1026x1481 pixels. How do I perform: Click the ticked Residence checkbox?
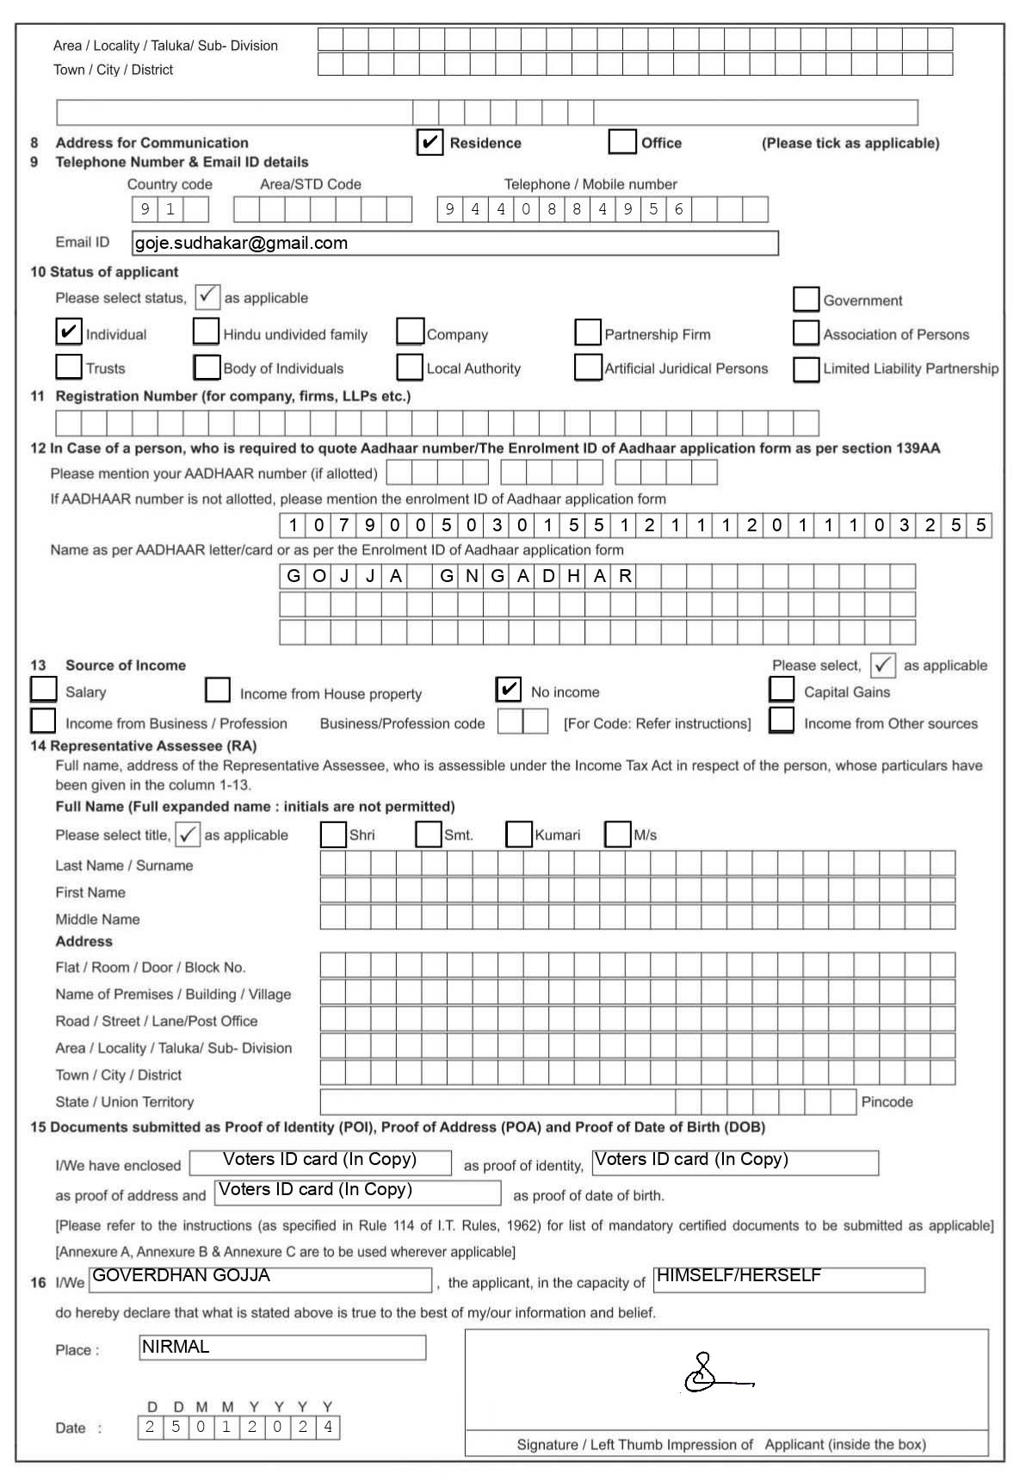[430, 142]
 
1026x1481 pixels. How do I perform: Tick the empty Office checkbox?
[621, 141]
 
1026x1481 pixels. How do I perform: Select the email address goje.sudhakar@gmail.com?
[241, 243]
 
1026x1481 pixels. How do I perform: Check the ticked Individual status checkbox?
[68, 332]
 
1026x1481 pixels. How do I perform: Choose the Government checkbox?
[806, 299]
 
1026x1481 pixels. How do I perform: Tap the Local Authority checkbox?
[410, 367]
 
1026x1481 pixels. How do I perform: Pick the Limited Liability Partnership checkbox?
[806, 369]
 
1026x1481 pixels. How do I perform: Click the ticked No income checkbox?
[509, 689]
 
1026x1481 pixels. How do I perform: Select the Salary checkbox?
[43, 689]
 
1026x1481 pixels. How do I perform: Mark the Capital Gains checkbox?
[782, 689]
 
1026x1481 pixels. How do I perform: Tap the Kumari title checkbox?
[518, 833]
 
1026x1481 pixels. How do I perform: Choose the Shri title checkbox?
[333, 833]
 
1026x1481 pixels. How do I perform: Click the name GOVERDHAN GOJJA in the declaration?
[181, 1275]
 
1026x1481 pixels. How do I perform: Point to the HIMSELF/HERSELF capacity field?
[739, 1275]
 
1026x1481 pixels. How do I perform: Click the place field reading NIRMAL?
[176, 1347]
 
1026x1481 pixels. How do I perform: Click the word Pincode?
[887, 1101]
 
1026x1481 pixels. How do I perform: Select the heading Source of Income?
[126, 665]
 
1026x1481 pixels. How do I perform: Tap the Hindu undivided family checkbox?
[206, 332]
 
